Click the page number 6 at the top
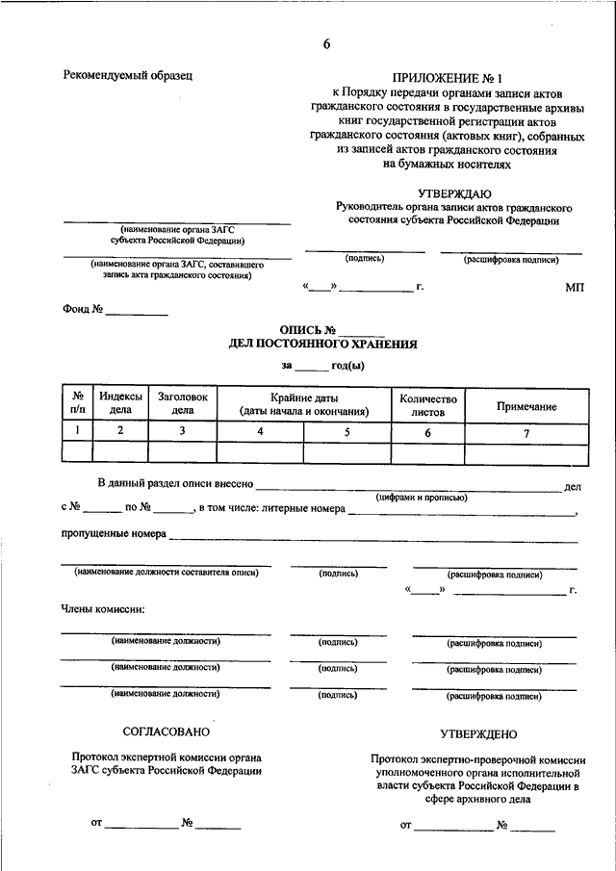click(326, 44)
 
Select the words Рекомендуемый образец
click(128, 74)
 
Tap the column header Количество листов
click(428, 404)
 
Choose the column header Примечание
click(526, 406)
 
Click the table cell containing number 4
click(260, 431)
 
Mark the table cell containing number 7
click(526, 432)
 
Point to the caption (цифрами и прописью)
click(422, 498)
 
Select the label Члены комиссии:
click(103, 609)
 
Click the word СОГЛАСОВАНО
click(167, 732)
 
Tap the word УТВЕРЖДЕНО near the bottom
click(478, 734)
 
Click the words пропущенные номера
click(114, 532)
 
